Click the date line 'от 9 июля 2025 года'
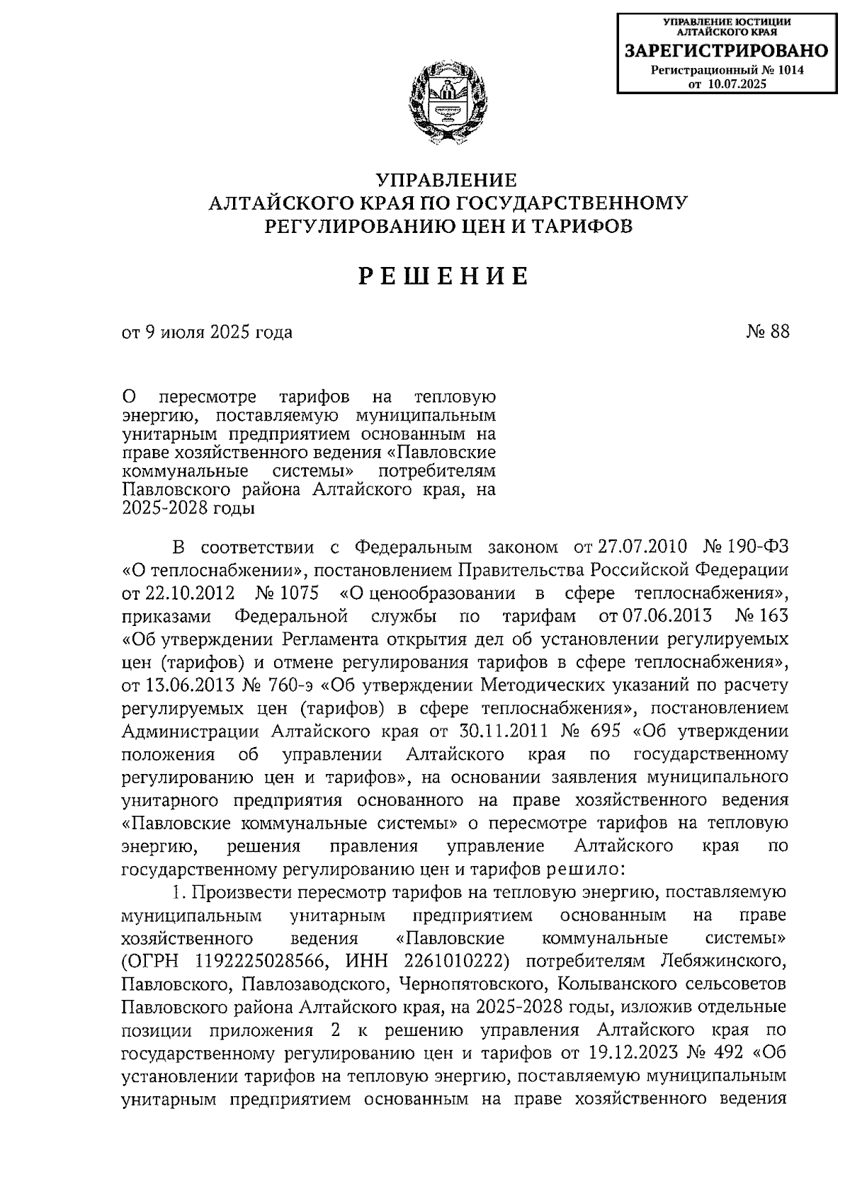pos(207,331)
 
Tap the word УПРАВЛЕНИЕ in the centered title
pos(447,181)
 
